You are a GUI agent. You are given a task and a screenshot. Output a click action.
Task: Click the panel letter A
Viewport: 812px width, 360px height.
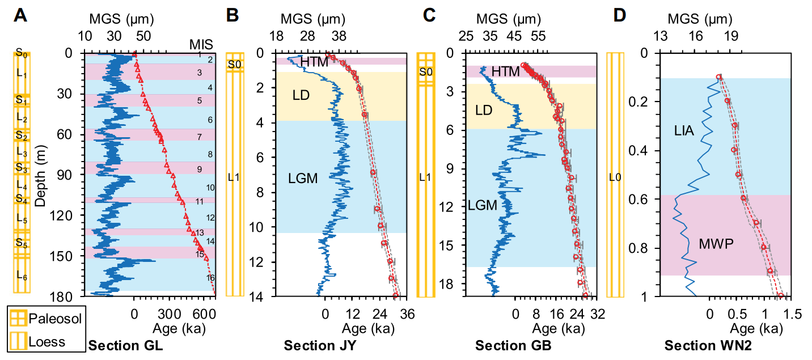pyautogui.click(x=21, y=15)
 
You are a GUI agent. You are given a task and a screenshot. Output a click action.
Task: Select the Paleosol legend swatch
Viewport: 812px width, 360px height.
pyautogui.click(x=19, y=318)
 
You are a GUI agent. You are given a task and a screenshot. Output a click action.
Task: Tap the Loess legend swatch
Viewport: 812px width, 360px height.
pyautogui.click(x=19, y=342)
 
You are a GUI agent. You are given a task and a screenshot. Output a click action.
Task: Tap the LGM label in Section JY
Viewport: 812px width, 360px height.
pyautogui.click(x=303, y=179)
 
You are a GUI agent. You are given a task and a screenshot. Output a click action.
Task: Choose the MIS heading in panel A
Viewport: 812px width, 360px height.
pyautogui.click(x=199, y=44)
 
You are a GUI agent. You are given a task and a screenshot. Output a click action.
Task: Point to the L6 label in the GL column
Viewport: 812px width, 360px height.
pyautogui.click(x=22, y=276)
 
